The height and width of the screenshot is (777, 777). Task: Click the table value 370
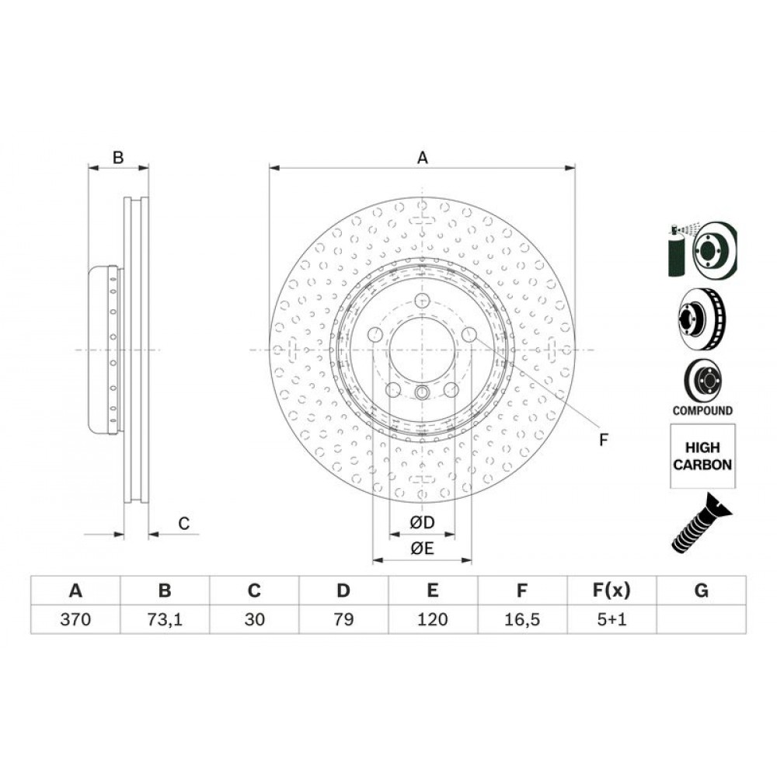(x=75, y=619)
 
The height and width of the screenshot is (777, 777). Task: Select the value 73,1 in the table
(x=165, y=619)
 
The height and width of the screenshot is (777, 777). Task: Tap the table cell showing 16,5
(x=522, y=619)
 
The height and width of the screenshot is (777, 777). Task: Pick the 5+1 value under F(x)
(x=611, y=619)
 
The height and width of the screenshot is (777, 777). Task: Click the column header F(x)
(x=611, y=591)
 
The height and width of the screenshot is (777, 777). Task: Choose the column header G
(x=701, y=591)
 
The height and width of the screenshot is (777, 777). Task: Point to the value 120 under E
(x=433, y=619)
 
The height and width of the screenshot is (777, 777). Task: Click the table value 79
(x=343, y=619)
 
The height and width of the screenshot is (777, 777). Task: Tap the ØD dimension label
(x=422, y=522)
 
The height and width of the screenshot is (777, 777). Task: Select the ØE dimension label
(x=422, y=549)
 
